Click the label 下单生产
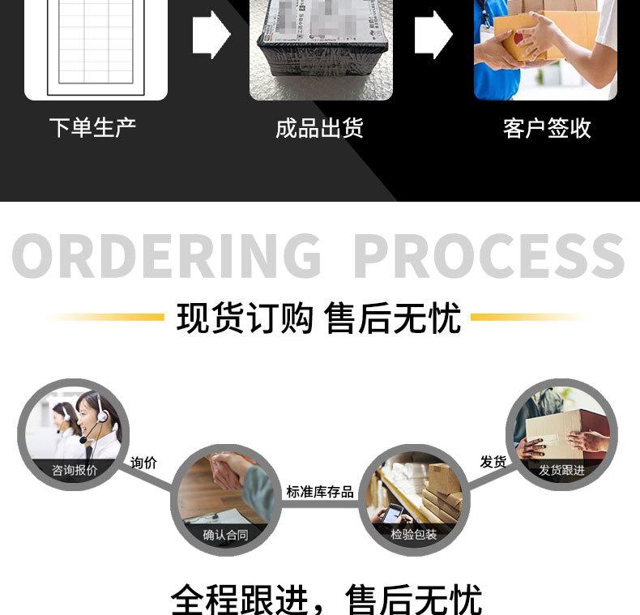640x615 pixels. (92, 128)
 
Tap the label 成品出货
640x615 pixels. (319, 128)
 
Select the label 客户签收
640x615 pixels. (547, 128)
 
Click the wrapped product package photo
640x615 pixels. (321, 49)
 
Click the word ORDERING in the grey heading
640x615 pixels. (167, 257)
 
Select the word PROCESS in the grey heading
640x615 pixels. (489, 257)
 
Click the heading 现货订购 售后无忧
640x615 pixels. (318, 318)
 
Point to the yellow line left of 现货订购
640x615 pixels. (105, 318)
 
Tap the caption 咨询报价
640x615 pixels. (74, 469)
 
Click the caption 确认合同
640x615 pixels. (225, 534)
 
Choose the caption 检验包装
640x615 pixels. (413, 534)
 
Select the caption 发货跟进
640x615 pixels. (561, 469)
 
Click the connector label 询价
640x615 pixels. (143, 463)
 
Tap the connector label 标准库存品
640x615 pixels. (319, 492)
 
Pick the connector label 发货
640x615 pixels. (493, 462)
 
